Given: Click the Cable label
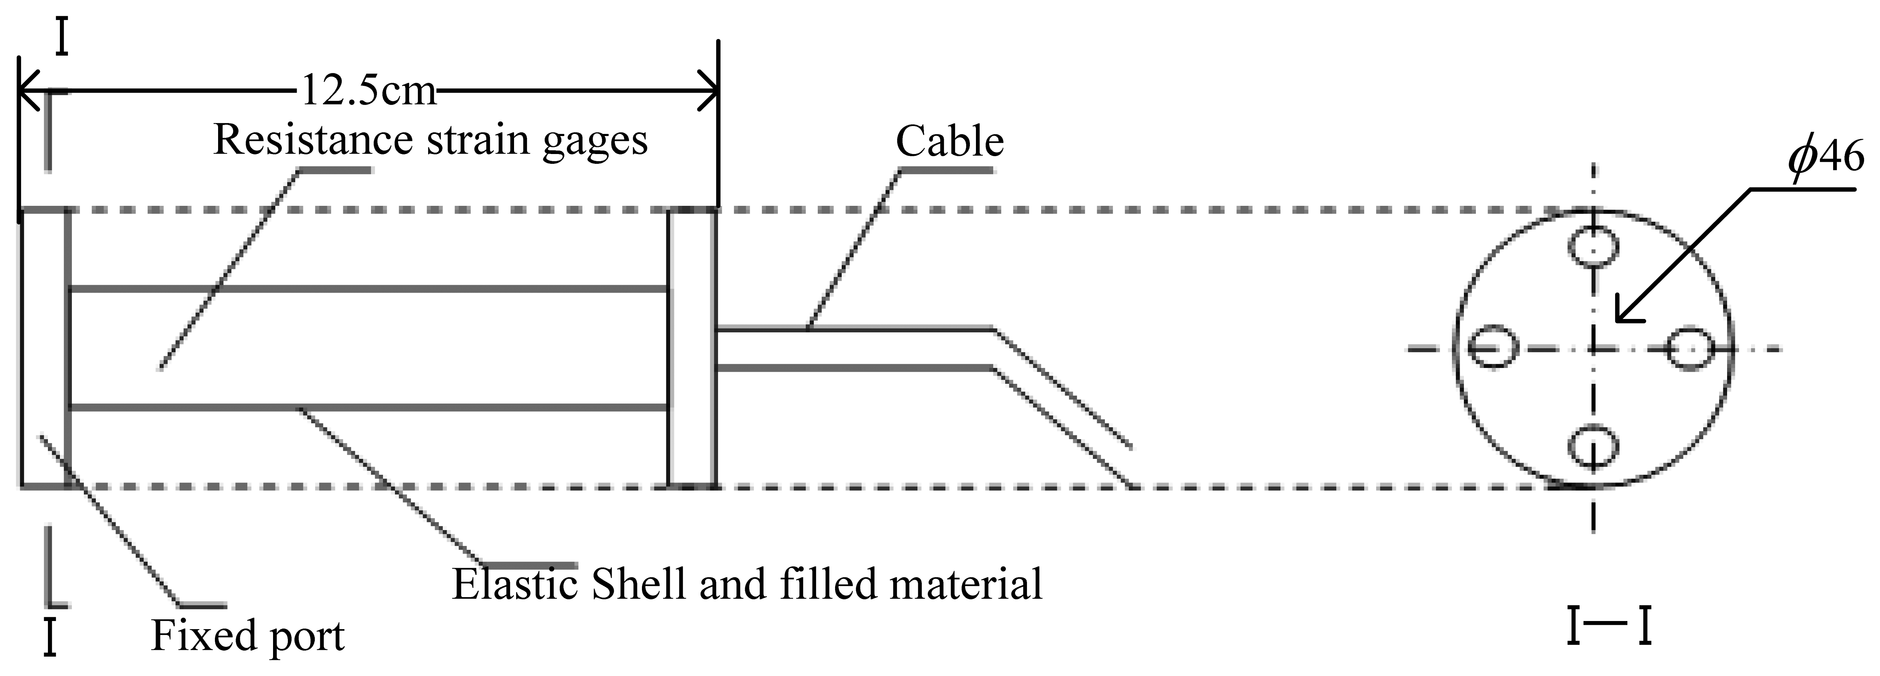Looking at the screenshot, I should click(950, 141).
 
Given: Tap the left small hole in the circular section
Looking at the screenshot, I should click(1493, 348).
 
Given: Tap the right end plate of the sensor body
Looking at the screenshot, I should click(692, 348).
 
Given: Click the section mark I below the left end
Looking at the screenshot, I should click(50, 637).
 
